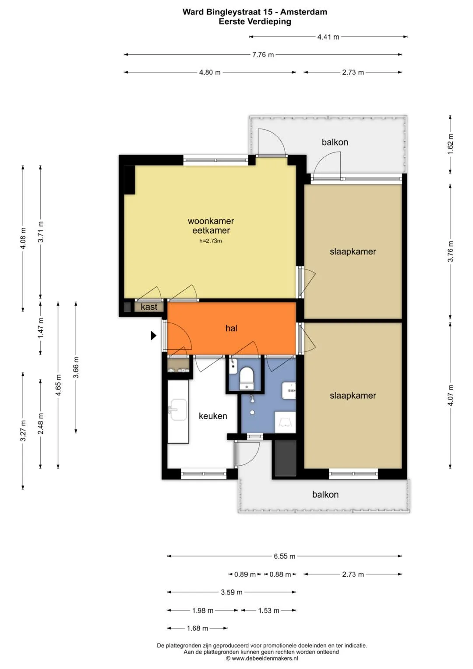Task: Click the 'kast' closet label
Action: click(x=149, y=307)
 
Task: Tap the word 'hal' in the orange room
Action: click(x=231, y=328)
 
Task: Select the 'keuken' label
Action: click(x=213, y=416)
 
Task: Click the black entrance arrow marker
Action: click(x=153, y=336)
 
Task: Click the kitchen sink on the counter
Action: click(x=178, y=410)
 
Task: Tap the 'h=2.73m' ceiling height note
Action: click(x=211, y=241)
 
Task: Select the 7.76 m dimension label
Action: click(x=263, y=55)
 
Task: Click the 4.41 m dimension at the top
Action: click(x=328, y=37)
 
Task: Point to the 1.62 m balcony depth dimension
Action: click(x=450, y=144)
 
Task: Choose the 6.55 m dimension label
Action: click(x=284, y=556)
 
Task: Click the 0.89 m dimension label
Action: click(x=245, y=574)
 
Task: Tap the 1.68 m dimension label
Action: click(x=198, y=628)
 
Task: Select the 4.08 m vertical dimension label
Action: click(x=23, y=238)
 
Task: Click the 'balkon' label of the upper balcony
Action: click(x=335, y=142)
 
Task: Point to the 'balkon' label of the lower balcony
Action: click(x=325, y=494)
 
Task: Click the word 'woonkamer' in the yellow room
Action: click(x=211, y=221)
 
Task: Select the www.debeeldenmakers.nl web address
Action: click(x=265, y=658)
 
